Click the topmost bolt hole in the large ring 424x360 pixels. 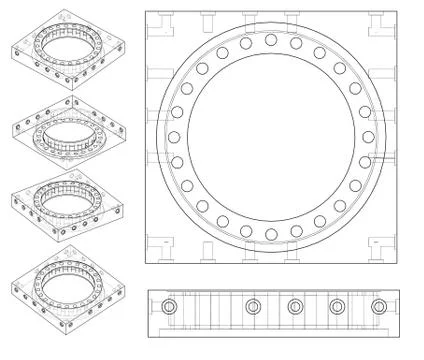click(x=271, y=40)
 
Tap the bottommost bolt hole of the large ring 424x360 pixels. click(x=271, y=234)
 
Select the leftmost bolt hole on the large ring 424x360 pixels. click(x=174, y=137)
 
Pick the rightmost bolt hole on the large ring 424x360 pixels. click(x=368, y=137)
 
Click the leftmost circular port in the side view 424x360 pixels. click(x=169, y=306)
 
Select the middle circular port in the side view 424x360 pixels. click(x=294, y=306)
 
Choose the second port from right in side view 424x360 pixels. click(x=336, y=306)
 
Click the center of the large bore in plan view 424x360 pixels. click(x=271, y=137)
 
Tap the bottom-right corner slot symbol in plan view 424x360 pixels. click(x=384, y=245)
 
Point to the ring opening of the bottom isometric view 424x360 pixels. click(x=70, y=281)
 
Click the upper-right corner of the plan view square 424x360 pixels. click(x=399, y=12)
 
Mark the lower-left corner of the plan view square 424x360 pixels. click(x=145, y=266)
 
